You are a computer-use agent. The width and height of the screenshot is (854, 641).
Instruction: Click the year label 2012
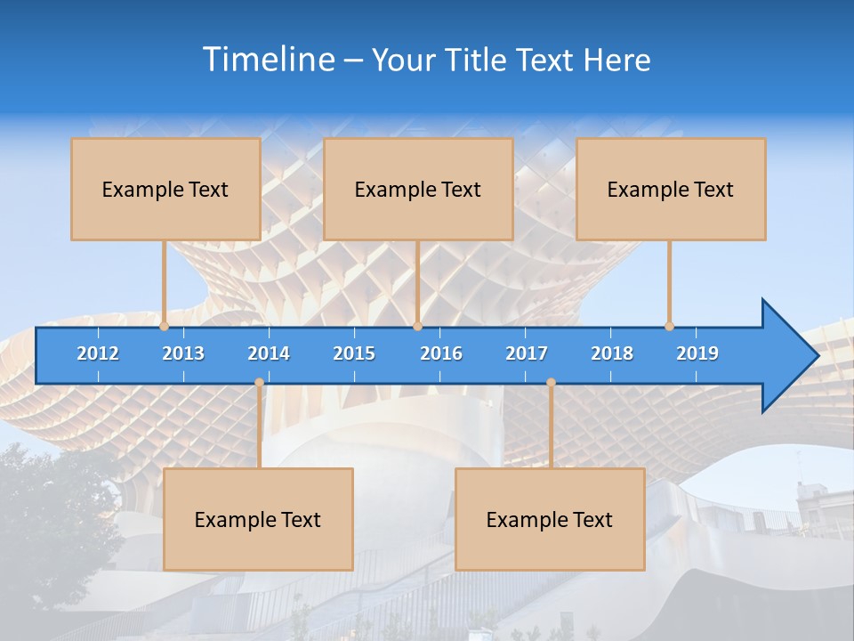point(98,353)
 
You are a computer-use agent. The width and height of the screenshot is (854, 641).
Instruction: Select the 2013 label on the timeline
point(183,353)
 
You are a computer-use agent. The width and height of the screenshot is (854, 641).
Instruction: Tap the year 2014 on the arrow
point(269,353)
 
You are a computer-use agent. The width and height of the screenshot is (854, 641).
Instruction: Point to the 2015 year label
point(354,353)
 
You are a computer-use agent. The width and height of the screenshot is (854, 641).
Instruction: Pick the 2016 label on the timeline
point(441,353)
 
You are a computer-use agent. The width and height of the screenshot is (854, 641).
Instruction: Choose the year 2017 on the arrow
point(527,353)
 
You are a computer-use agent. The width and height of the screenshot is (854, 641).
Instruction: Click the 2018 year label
point(612,353)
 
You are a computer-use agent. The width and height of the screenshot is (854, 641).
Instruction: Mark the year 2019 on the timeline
point(697,353)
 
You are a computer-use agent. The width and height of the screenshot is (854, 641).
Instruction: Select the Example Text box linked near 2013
point(165,189)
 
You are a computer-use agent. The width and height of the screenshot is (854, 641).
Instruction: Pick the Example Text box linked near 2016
point(418,189)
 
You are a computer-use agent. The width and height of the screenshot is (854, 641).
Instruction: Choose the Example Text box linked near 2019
point(671,189)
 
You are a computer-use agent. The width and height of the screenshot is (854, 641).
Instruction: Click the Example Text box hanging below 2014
point(258,519)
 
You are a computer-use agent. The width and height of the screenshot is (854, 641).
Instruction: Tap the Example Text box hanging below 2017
point(550,519)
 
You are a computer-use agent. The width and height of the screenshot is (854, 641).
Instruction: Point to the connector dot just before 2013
point(164,327)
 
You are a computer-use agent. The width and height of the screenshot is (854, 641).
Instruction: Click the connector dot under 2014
point(259,383)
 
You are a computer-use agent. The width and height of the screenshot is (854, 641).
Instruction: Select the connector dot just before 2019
point(669,327)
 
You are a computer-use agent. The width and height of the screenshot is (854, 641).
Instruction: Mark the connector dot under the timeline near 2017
point(551,383)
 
